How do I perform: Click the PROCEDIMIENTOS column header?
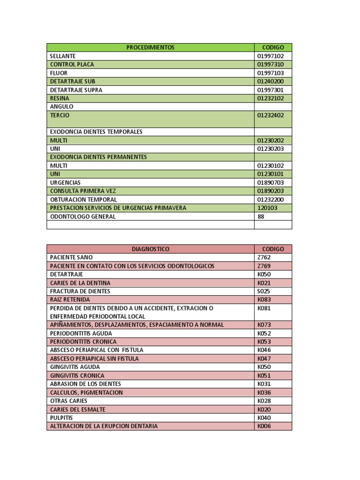[x=150, y=47]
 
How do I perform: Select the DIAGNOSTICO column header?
[x=150, y=249]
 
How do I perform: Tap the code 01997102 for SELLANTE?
[x=270, y=56]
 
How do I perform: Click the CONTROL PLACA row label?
[x=72, y=64]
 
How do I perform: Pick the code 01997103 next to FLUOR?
[x=270, y=73]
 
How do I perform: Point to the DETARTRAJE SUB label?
[x=73, y=81]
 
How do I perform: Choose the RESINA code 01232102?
[x=270, y=98]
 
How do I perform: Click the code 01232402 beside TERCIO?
[x=270, y=115]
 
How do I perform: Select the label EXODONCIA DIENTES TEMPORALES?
[x=96, y=132]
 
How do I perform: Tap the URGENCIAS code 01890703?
[x=270, y=182]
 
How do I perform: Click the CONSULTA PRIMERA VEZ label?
[x=83, y=191]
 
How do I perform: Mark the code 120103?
[x=267, y=208]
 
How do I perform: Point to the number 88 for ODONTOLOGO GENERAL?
[x=261, y=217]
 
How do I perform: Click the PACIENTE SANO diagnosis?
[x=71, y=257]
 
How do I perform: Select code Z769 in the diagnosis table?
[x=264, y=266]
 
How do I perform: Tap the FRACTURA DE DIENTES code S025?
[x=264, y=291]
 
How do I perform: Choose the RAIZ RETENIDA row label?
[x=70, y=300]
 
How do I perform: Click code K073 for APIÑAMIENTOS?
[x=264, y=324]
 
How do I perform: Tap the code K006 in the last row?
[x=264, y=426]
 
